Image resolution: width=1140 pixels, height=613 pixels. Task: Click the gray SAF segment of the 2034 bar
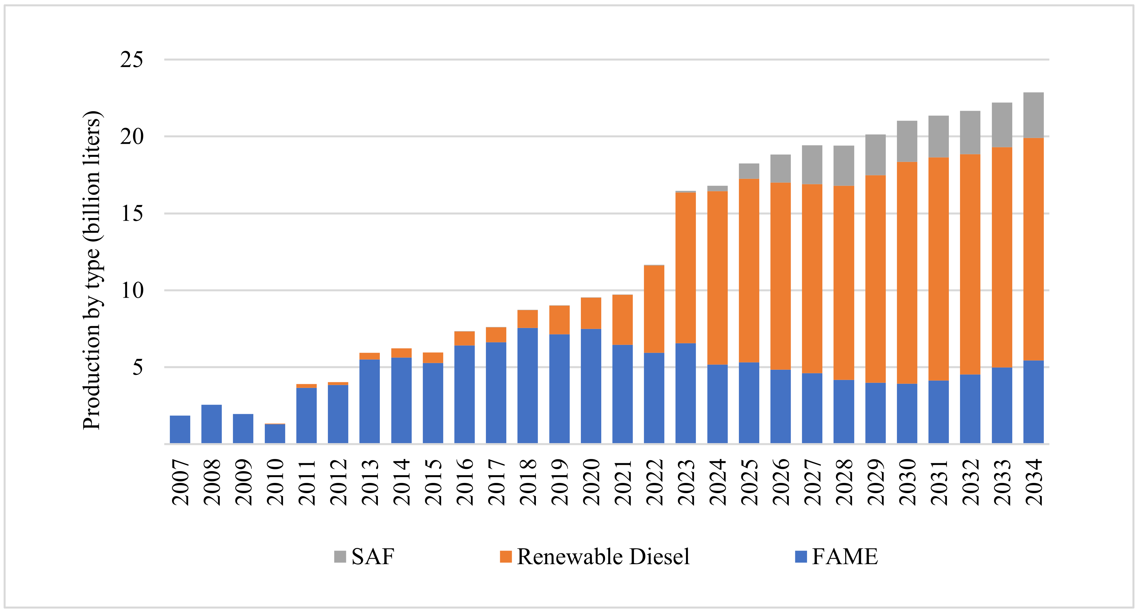[x=1033, y=115]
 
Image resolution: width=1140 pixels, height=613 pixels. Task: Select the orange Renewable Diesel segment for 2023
[x=686, y=268]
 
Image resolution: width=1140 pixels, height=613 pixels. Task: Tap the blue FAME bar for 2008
[x=212, y=424]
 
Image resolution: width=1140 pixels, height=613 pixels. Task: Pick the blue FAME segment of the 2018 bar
[x=528, y=385]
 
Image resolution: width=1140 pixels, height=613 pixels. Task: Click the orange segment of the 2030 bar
[x=907, y=273]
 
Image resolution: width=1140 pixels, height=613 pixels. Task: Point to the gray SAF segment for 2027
[x=812, y=165]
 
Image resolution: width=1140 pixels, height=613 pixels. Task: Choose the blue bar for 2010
[x=275, y=434]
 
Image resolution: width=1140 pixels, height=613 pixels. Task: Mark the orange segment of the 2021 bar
[x=622, y=320]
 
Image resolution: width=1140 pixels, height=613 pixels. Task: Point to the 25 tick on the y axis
[x=132, y=59]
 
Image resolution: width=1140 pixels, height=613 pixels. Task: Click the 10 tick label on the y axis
[x=132, y=290]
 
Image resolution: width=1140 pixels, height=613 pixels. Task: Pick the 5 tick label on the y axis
[x=138, y=367]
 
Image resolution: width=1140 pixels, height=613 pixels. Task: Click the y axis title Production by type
[x=92, y=270]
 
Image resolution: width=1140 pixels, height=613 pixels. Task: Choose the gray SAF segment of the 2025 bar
[x=749, y=171]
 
